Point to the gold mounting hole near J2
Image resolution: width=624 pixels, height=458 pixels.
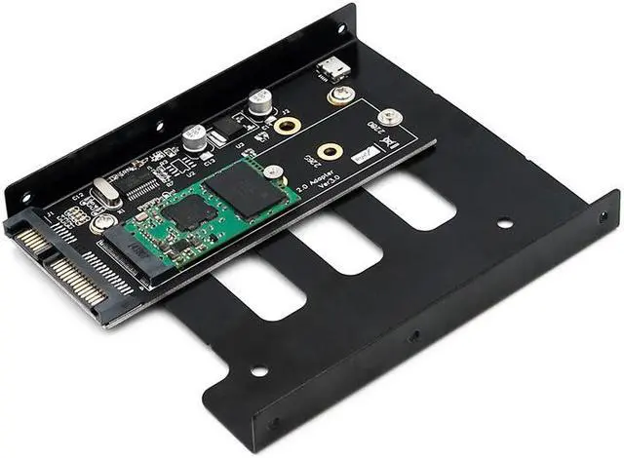pos(286,126)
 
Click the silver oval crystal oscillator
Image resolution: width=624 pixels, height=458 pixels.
pos(106,192)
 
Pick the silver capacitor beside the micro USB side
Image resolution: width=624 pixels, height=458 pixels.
pos(259,100)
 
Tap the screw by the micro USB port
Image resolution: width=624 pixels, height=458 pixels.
pos(340,95)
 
